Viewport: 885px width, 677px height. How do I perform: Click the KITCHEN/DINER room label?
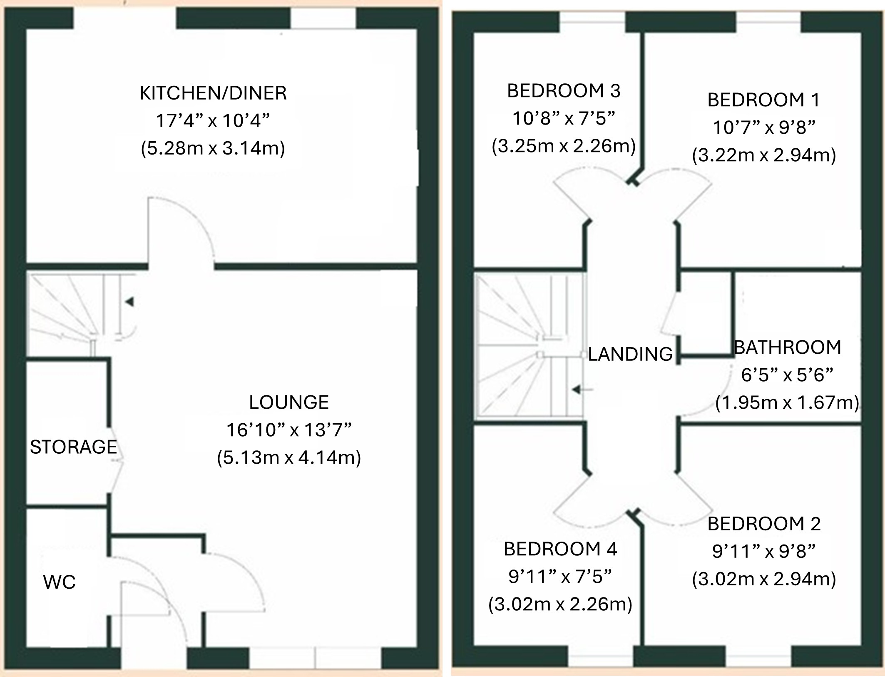213,93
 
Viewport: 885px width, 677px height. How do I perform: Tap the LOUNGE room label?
289,402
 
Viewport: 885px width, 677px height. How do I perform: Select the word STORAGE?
74,447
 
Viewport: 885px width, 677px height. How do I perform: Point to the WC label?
60,582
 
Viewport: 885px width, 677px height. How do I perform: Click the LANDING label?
630,354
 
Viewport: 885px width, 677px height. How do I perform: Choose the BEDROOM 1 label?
764,100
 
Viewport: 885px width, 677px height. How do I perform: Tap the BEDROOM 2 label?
764,524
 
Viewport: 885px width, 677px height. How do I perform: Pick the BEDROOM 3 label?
564,91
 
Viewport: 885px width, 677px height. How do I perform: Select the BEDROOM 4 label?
560,549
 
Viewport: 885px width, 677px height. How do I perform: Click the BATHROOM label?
788,347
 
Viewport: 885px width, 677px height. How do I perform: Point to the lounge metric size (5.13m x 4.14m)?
289,457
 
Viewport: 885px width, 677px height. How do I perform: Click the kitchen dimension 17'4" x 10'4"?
213,120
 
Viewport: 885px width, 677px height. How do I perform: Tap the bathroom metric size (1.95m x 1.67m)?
788,402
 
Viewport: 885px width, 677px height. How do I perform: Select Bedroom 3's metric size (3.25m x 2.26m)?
564,146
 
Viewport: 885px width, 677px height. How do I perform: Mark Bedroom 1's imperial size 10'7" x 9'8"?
764,127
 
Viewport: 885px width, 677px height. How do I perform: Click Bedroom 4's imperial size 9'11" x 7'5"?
560,577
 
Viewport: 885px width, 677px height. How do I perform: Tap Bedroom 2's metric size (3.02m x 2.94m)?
764,579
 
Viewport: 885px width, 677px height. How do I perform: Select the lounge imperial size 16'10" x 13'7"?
289,430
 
